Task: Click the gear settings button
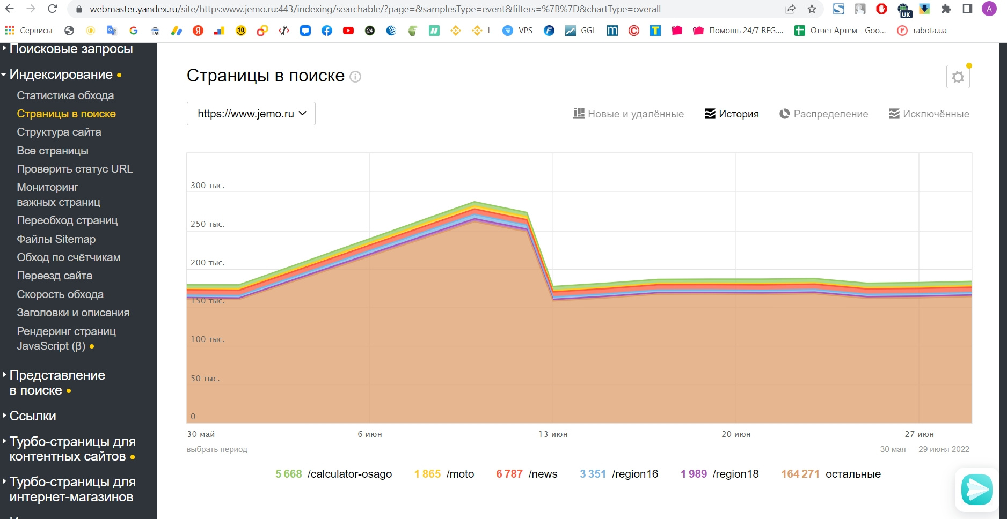point(958,77)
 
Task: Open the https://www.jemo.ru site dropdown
point(251,114)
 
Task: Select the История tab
point(732,114)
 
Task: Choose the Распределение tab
point(823,114)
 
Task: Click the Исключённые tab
point(929,114)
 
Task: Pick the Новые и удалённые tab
point(629,114)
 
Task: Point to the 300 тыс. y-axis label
point(208,186)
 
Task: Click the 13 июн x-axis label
point(553,434)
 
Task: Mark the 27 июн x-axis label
point(919,434)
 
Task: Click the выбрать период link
point(217,449)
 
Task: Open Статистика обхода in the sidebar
point(65,95)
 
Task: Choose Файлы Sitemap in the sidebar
point(56,239)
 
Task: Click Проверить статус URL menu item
point(75,169)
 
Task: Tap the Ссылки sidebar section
point(33,416)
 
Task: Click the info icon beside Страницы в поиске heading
point(355,77)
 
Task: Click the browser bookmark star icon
point(812,9)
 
